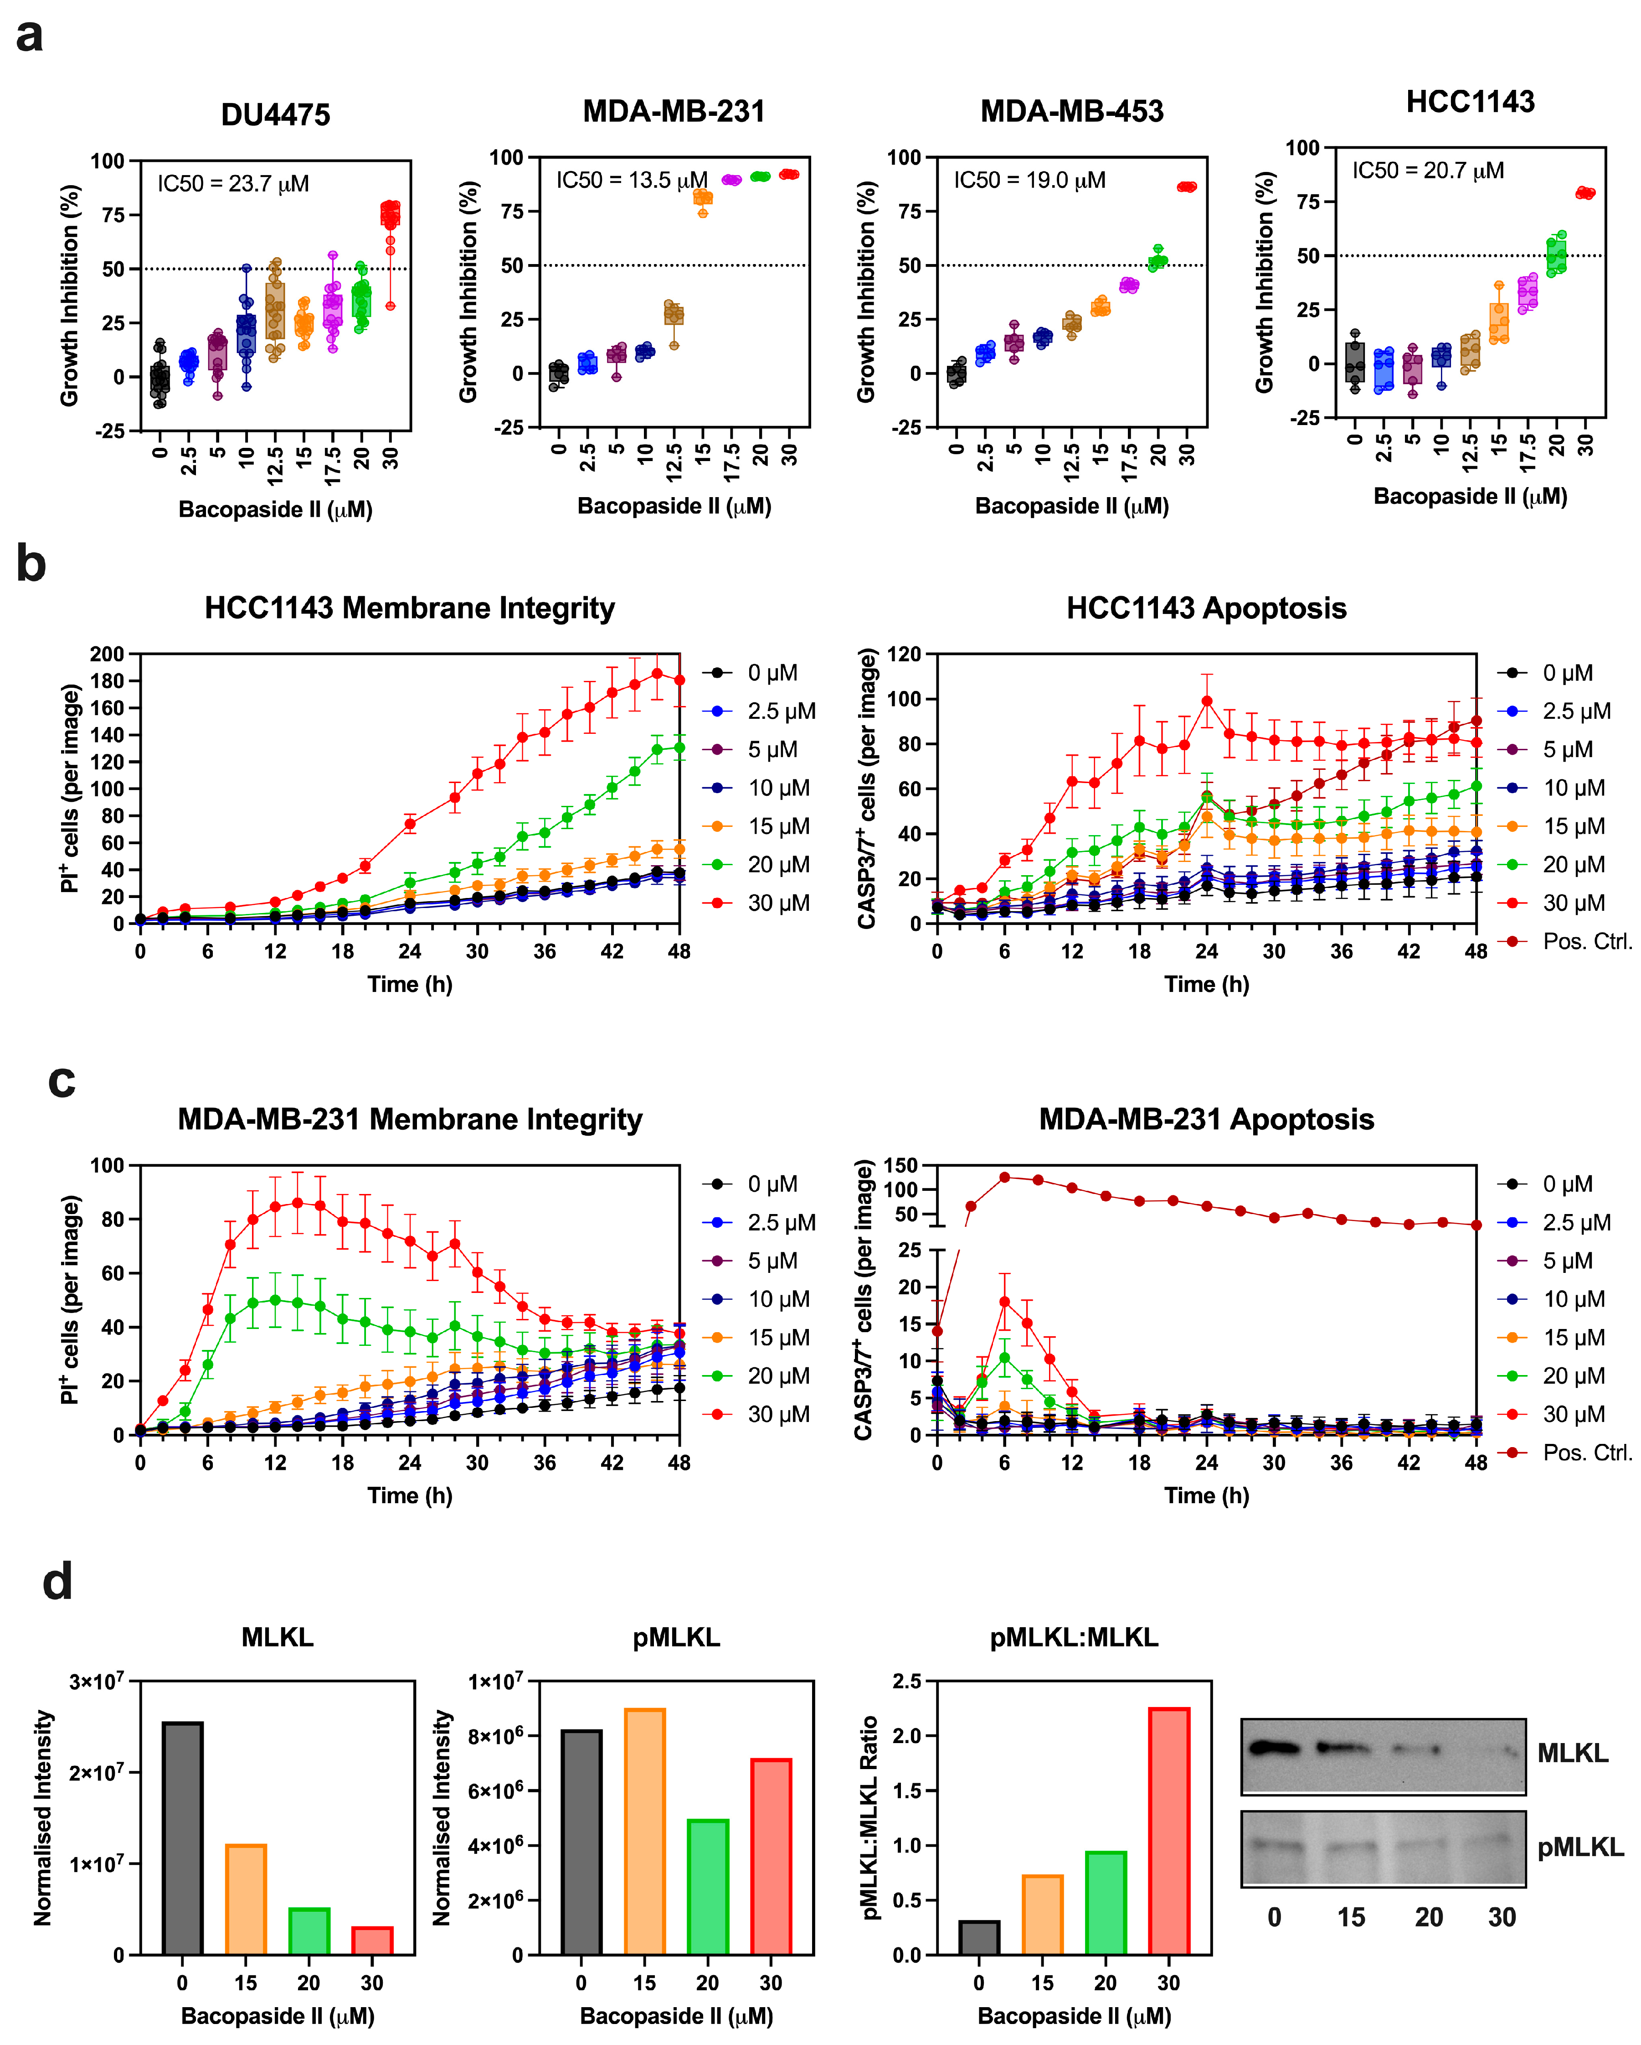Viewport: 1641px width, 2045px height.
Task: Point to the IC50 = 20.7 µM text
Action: (x=1427, y=171)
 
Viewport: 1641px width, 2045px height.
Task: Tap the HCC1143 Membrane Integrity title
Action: (x=410, y=608)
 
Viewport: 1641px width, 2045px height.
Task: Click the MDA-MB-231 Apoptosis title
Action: (x=1206, y=1119)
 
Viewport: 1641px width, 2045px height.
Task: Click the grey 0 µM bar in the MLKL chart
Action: (x=182, y=1838)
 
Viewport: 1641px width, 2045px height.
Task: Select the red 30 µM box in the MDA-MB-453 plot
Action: (x=1186, y=187)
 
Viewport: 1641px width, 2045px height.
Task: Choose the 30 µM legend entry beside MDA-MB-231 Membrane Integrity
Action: (x=758, y=1414)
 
